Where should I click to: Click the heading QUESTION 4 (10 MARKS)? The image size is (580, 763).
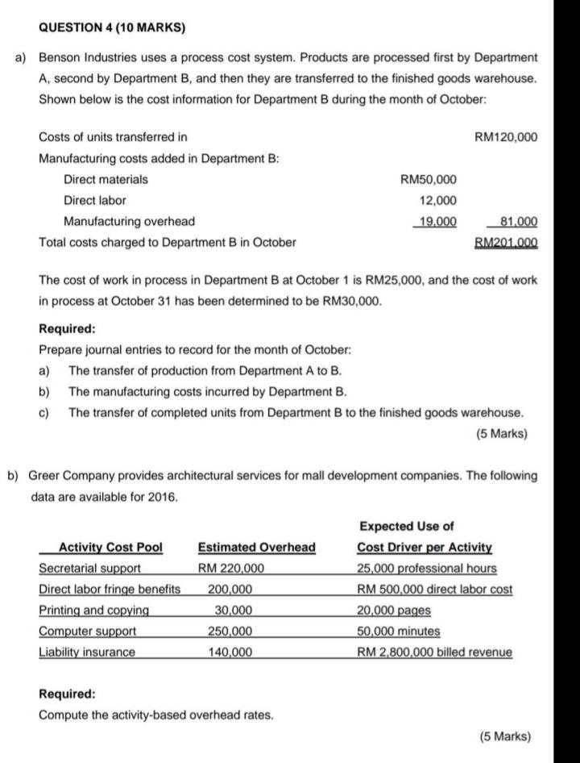click(x=112, y=27)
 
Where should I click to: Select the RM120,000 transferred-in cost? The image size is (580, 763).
click(x=506, y=137)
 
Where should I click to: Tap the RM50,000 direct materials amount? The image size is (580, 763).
click(x=428, y=179)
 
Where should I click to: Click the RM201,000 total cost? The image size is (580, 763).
click(x=506, y=242)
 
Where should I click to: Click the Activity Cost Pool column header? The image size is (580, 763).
click(x=111, y=548)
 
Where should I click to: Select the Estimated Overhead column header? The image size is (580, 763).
click(x=257, y=548)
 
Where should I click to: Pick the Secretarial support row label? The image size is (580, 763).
click(x=90, y=569)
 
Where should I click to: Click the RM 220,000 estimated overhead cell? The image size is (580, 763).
click(x=231, y=569)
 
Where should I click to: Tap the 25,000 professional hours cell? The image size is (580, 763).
click(x=427, y=569)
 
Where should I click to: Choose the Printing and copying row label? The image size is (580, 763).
click(x=94, y=611)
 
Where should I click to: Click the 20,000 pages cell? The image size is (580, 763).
click(x=394, y=611)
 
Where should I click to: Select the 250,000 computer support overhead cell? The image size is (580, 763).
click(x=231, y=632)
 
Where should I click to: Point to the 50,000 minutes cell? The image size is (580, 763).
click(x=399, y=632)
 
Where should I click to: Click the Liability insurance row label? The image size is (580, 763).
click(x=87, y=653)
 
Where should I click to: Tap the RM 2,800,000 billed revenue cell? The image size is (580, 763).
click(x=434, y=653)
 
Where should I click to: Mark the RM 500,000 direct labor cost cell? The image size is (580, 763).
click(x=434, y=590)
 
